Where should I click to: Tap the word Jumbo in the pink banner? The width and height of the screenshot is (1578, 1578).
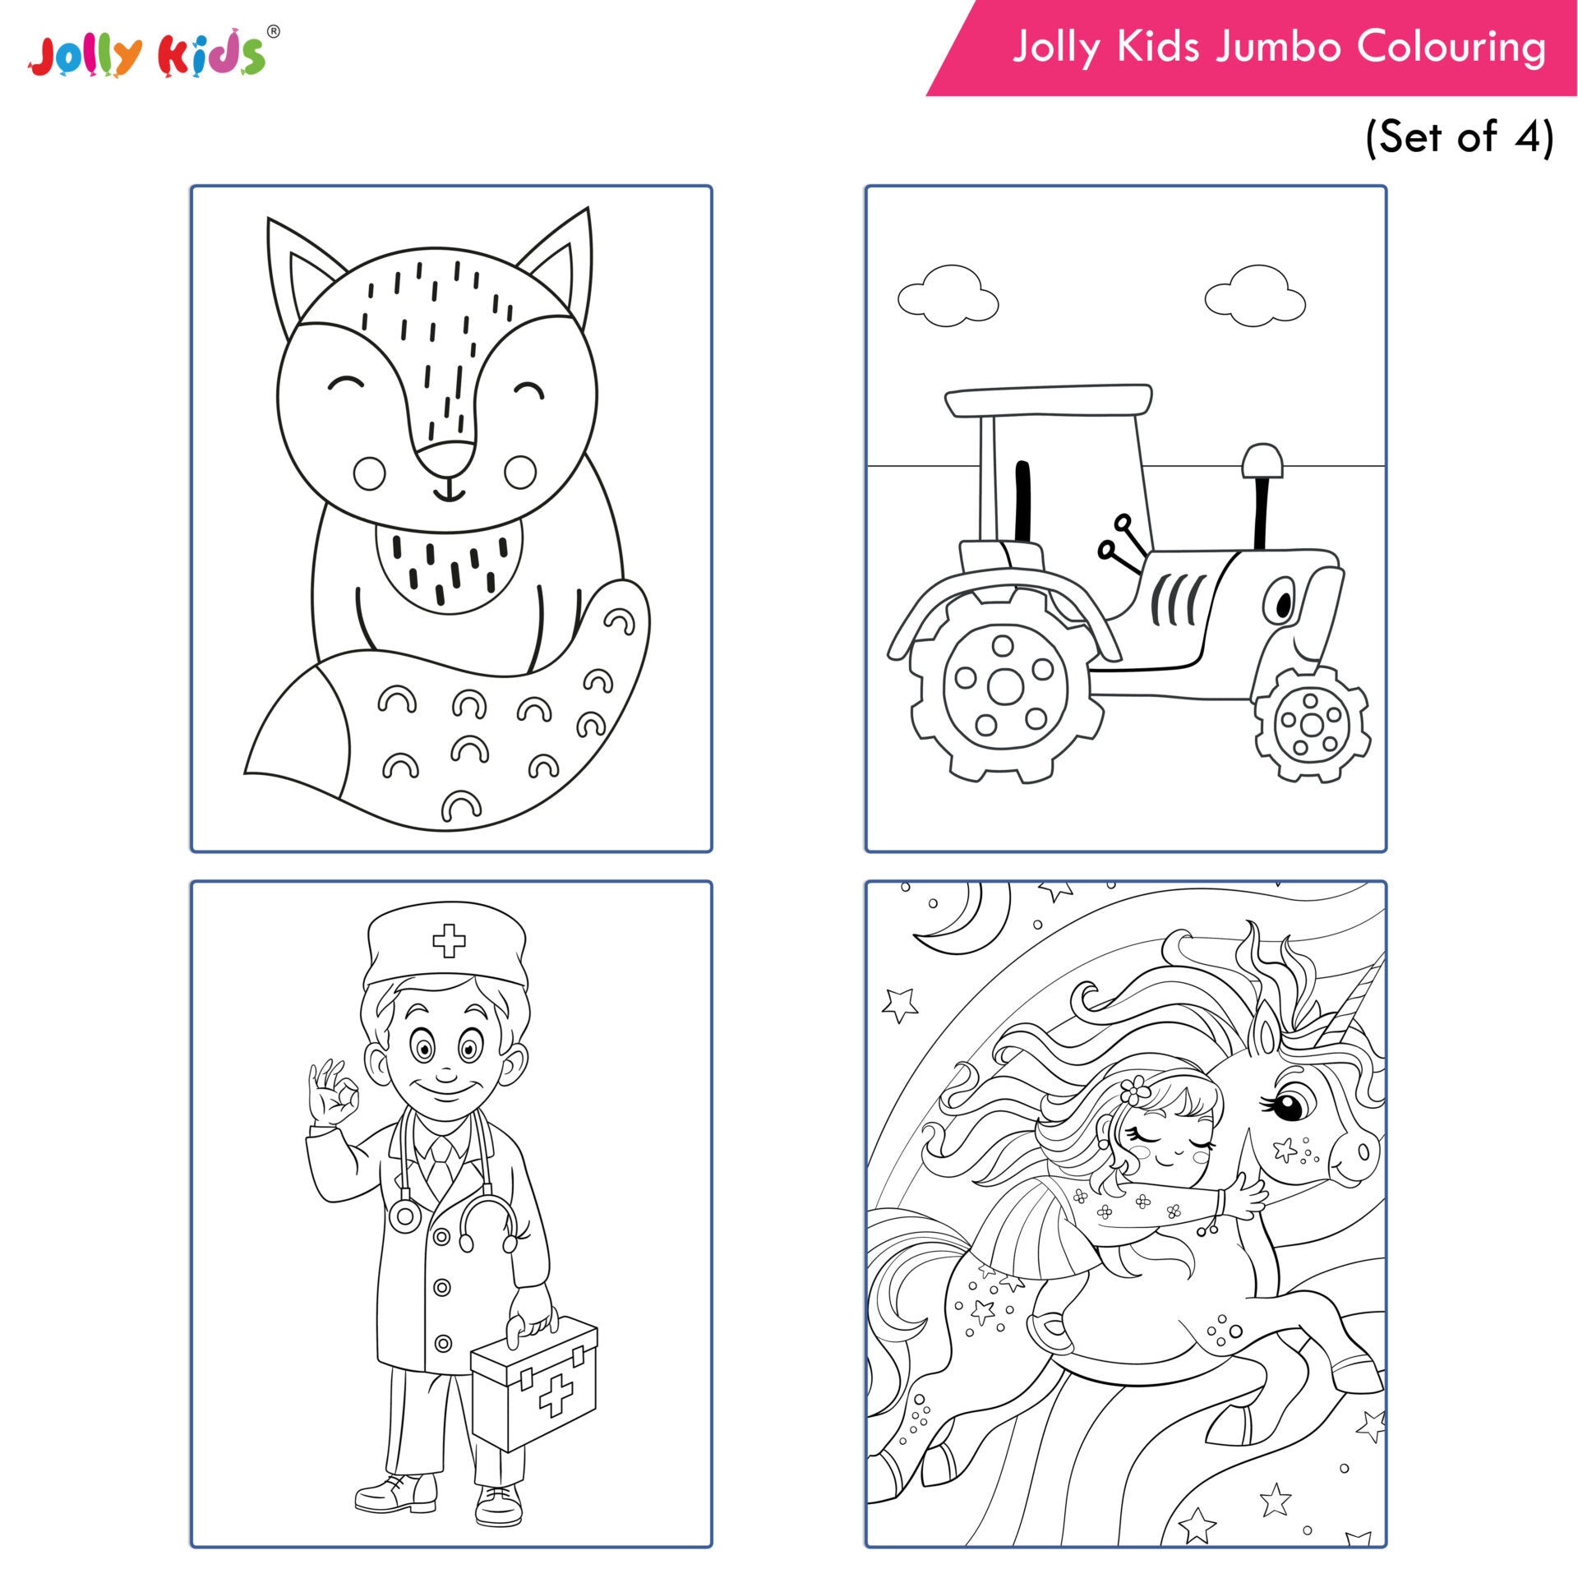click(x=1279, y=47)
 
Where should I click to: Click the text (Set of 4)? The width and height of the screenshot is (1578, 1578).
click(x=1459, y=136)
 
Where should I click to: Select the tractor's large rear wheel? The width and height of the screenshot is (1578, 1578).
click(x=1005, y=686)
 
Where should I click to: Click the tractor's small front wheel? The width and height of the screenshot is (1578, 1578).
click(x=1312, y=724)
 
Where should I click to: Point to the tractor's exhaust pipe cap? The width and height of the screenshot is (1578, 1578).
click(x=1262, y=461)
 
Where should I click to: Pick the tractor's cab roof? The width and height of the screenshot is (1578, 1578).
click(x=1049, y=400)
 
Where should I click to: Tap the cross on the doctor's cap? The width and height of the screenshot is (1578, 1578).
click(x=449, y=940)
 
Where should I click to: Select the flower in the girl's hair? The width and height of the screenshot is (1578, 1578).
click(x=1133, y=1091)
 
